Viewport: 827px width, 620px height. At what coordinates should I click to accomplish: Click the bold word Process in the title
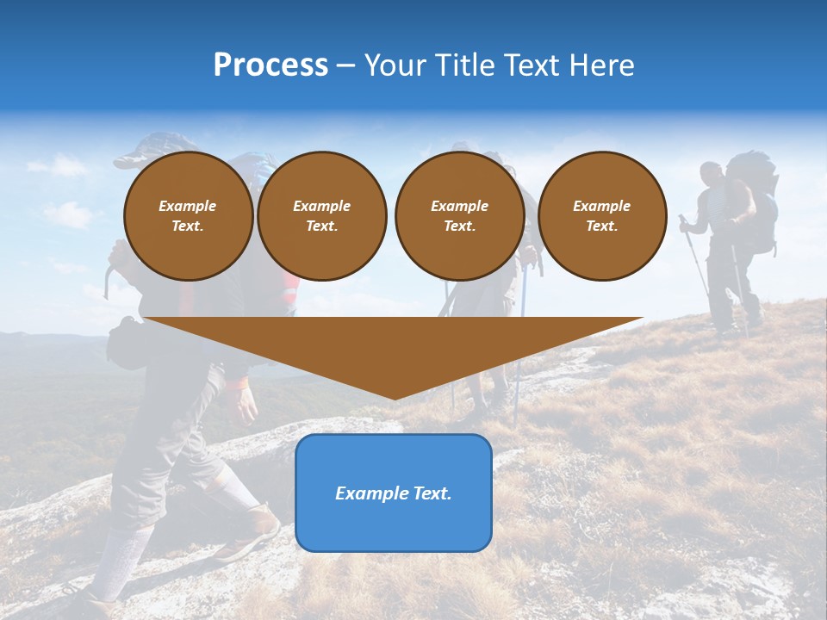(270, 65)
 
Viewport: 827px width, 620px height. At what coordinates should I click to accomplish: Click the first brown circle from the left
(188, 216)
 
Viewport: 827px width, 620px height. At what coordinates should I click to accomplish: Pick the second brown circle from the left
(322, 216)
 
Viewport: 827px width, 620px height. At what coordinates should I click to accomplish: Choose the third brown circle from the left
(459, 216)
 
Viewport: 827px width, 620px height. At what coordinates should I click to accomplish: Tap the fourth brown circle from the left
(602, 216)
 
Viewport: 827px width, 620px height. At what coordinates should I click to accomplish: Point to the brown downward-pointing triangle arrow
(394, 349)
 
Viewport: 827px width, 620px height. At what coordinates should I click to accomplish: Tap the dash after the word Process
(345, 66)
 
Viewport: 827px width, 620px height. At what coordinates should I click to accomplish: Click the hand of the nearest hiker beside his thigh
(247, 401)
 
